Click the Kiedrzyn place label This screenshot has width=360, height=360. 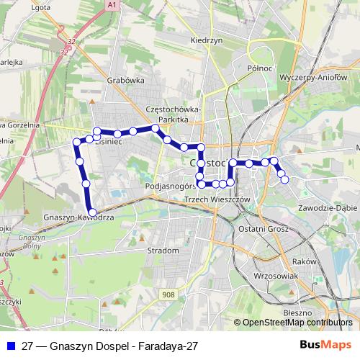[206, 41]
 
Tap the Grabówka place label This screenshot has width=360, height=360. [125, 81]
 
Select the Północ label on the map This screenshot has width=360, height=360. [259, 68]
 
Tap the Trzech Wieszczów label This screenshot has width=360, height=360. [216, 199]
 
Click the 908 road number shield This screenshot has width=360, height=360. [167, 295]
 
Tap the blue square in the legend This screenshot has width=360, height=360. [12, 346]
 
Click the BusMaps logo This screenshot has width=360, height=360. [325, 346]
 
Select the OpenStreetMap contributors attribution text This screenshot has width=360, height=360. [292, 322]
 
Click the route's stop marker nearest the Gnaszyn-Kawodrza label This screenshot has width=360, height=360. [91, 212]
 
